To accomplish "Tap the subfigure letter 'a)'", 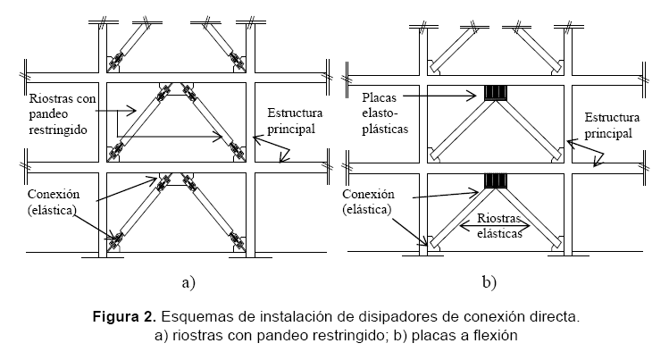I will coord(187,283).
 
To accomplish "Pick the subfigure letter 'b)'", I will coord(489,283).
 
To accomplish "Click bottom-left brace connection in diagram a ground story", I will coord(114,239).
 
